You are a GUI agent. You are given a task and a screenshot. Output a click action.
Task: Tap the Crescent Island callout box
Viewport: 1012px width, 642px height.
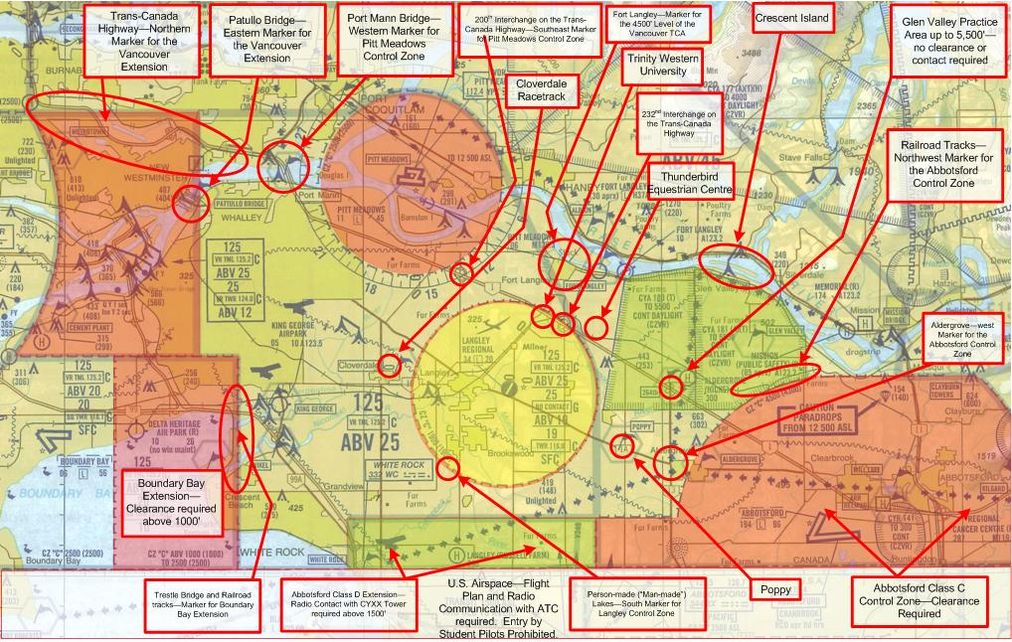[792, 19]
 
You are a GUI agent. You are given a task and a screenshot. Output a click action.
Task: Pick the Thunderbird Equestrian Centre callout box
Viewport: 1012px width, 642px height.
[690, 182]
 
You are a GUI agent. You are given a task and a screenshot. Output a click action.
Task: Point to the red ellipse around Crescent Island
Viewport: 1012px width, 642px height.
[735, 265]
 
